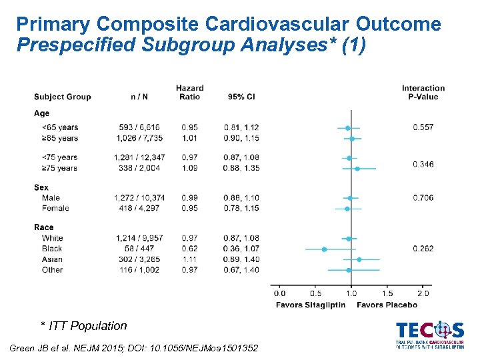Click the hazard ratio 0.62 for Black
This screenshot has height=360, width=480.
click(189, 249)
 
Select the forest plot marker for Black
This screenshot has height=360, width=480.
click(325, 249)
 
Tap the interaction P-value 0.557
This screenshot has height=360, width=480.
click(423, 127)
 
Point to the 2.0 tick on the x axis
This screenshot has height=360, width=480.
click(423, 293)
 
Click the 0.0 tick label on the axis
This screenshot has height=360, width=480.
click(279, 293)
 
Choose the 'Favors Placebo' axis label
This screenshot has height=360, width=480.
click(387, 305)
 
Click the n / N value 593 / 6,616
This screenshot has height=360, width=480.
click(139, 127)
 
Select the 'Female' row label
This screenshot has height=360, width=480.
click(55, 208)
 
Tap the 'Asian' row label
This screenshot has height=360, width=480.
click(52, 259)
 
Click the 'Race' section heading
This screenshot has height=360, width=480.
click(44, 227)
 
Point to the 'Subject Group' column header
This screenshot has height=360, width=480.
click(62, 97)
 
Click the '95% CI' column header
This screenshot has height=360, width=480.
click(241, 97)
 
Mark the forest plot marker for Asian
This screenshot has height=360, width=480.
click(359, 259)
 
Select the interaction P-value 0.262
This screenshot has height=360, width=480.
click(423, 249)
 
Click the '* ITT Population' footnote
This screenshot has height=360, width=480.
click(83, 326)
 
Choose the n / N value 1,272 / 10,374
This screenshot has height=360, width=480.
click(139, 197)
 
